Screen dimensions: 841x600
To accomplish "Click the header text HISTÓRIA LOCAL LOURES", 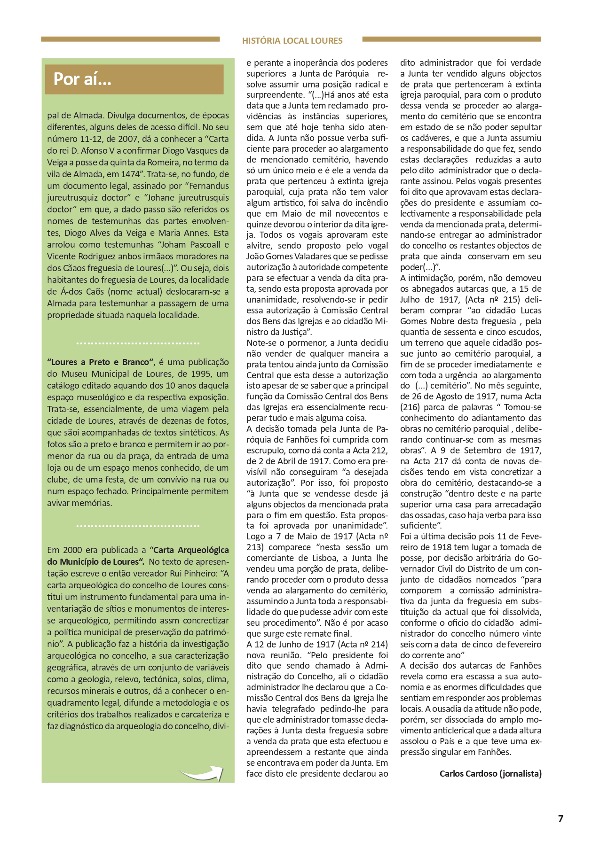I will point(292,41).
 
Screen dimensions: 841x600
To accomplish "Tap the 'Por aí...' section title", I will point(82,79).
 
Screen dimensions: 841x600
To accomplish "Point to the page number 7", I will point(560,818).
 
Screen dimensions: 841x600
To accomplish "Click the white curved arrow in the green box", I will point(201,773).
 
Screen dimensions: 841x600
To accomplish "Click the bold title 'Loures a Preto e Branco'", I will point(101,362).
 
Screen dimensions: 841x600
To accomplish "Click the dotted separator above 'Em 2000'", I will point(138,526).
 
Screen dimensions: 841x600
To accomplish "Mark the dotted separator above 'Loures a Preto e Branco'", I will point(138,343).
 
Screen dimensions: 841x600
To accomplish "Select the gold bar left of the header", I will point(130,39).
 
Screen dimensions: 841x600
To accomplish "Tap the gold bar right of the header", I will point(451,39).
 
